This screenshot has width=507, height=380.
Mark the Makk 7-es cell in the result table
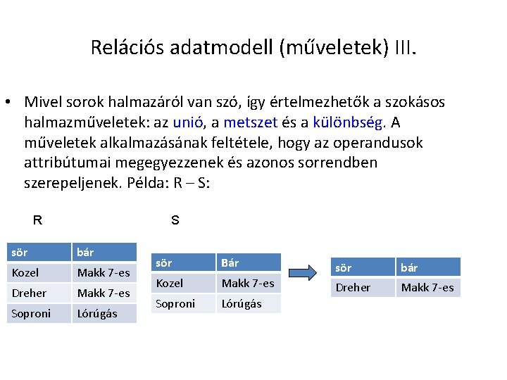coord(427,287)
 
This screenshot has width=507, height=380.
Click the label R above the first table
coord(37,220)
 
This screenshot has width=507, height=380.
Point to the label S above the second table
coord(175,220)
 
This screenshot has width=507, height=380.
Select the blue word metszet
coord(261,122)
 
